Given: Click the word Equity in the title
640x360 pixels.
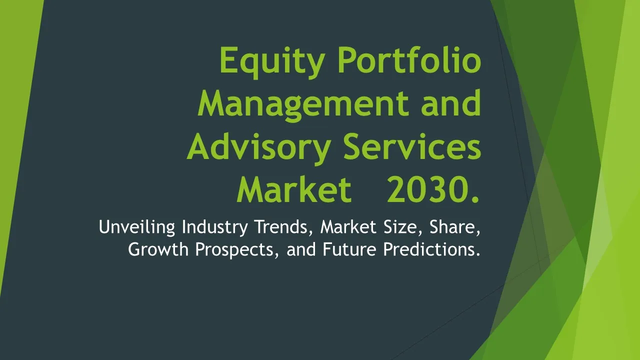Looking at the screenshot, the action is [272, 62].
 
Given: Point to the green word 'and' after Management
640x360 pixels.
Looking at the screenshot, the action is [451, 102].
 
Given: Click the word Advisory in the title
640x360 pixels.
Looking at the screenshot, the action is [259, 148].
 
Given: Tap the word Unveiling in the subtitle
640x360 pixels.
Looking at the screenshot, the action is [137, 227].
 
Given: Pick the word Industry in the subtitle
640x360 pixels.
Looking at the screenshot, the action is [214, 227].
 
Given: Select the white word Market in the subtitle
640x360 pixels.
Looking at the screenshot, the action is [348, 226].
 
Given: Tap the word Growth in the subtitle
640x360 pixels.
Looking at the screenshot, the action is [158, 249].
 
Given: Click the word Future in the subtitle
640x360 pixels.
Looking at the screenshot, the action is [349, 249].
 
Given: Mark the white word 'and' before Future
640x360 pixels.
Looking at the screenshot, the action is [301, 249].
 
